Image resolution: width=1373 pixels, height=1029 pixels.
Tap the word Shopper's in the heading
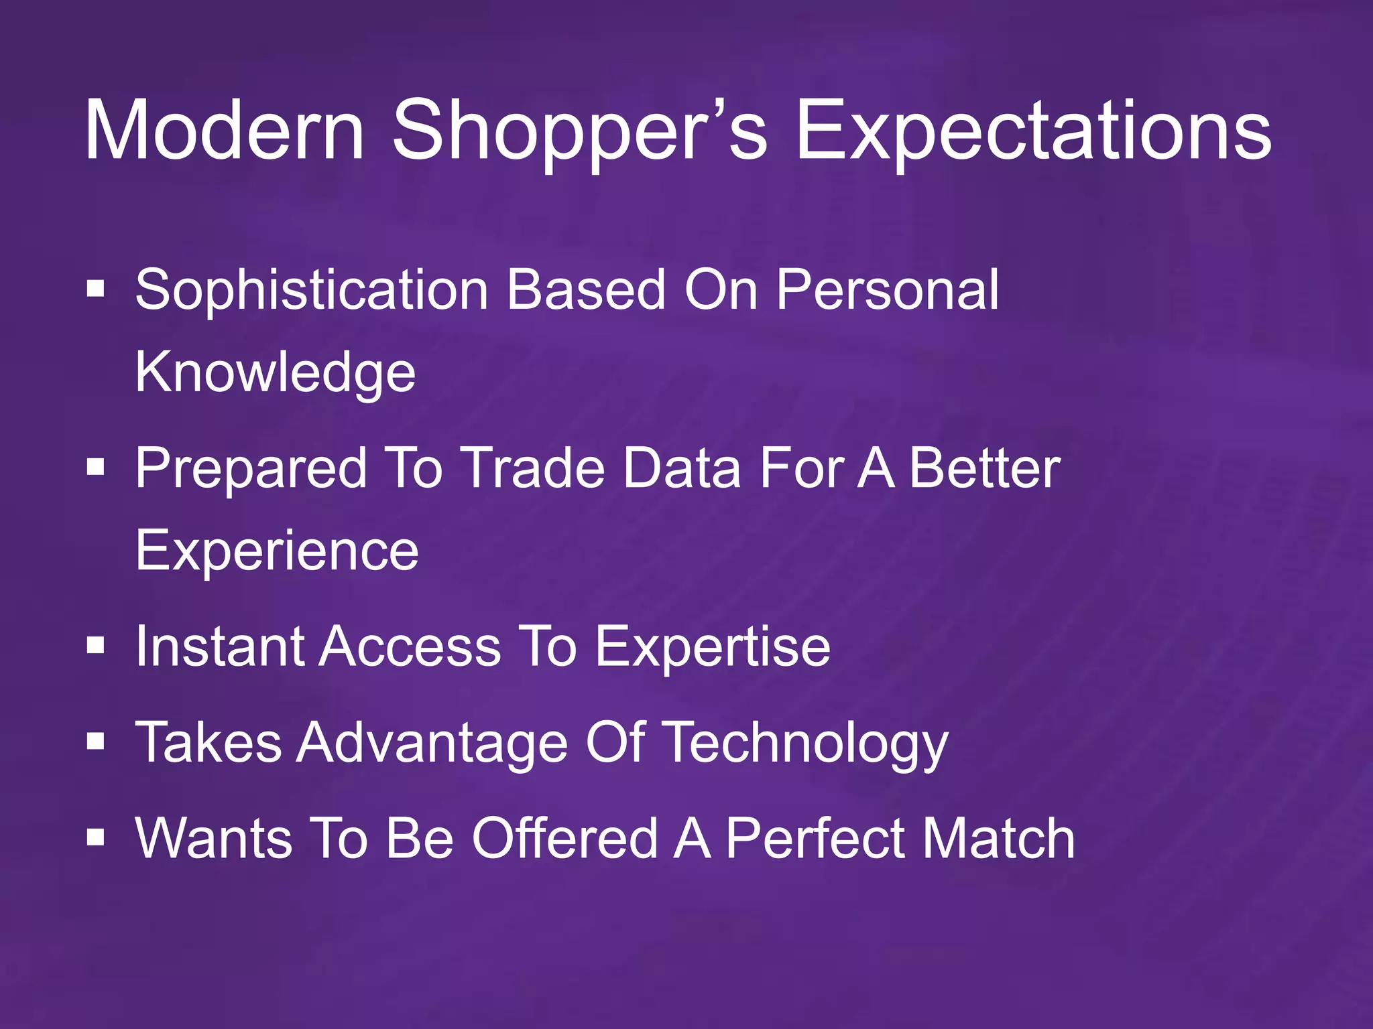(x=578, y=131)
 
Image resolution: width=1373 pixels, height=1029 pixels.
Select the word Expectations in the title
(x=1032, y=131)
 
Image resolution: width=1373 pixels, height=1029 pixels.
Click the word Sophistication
(x=312, y=291)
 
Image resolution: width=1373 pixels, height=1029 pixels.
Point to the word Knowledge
(x=276, y=373)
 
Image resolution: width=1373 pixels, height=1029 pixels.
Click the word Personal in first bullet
(x=887, y=289)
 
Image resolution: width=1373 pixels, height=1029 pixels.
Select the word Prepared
(x=251, y=468)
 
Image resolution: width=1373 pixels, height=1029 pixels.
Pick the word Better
(x=984, y=468)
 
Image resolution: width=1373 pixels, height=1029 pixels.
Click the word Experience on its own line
(x=277, y=551)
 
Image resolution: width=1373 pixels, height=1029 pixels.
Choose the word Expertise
(x=713, y=648)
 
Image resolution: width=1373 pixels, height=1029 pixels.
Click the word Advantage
(x=432, y=744)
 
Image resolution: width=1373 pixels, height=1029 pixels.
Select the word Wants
(x=214, y=839)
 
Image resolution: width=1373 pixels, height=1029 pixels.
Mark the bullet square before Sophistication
(x=96, y=289)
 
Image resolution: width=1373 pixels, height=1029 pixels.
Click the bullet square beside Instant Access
(x=96, y=646)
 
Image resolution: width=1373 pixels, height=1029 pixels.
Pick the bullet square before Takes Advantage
(x=96, y=742)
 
